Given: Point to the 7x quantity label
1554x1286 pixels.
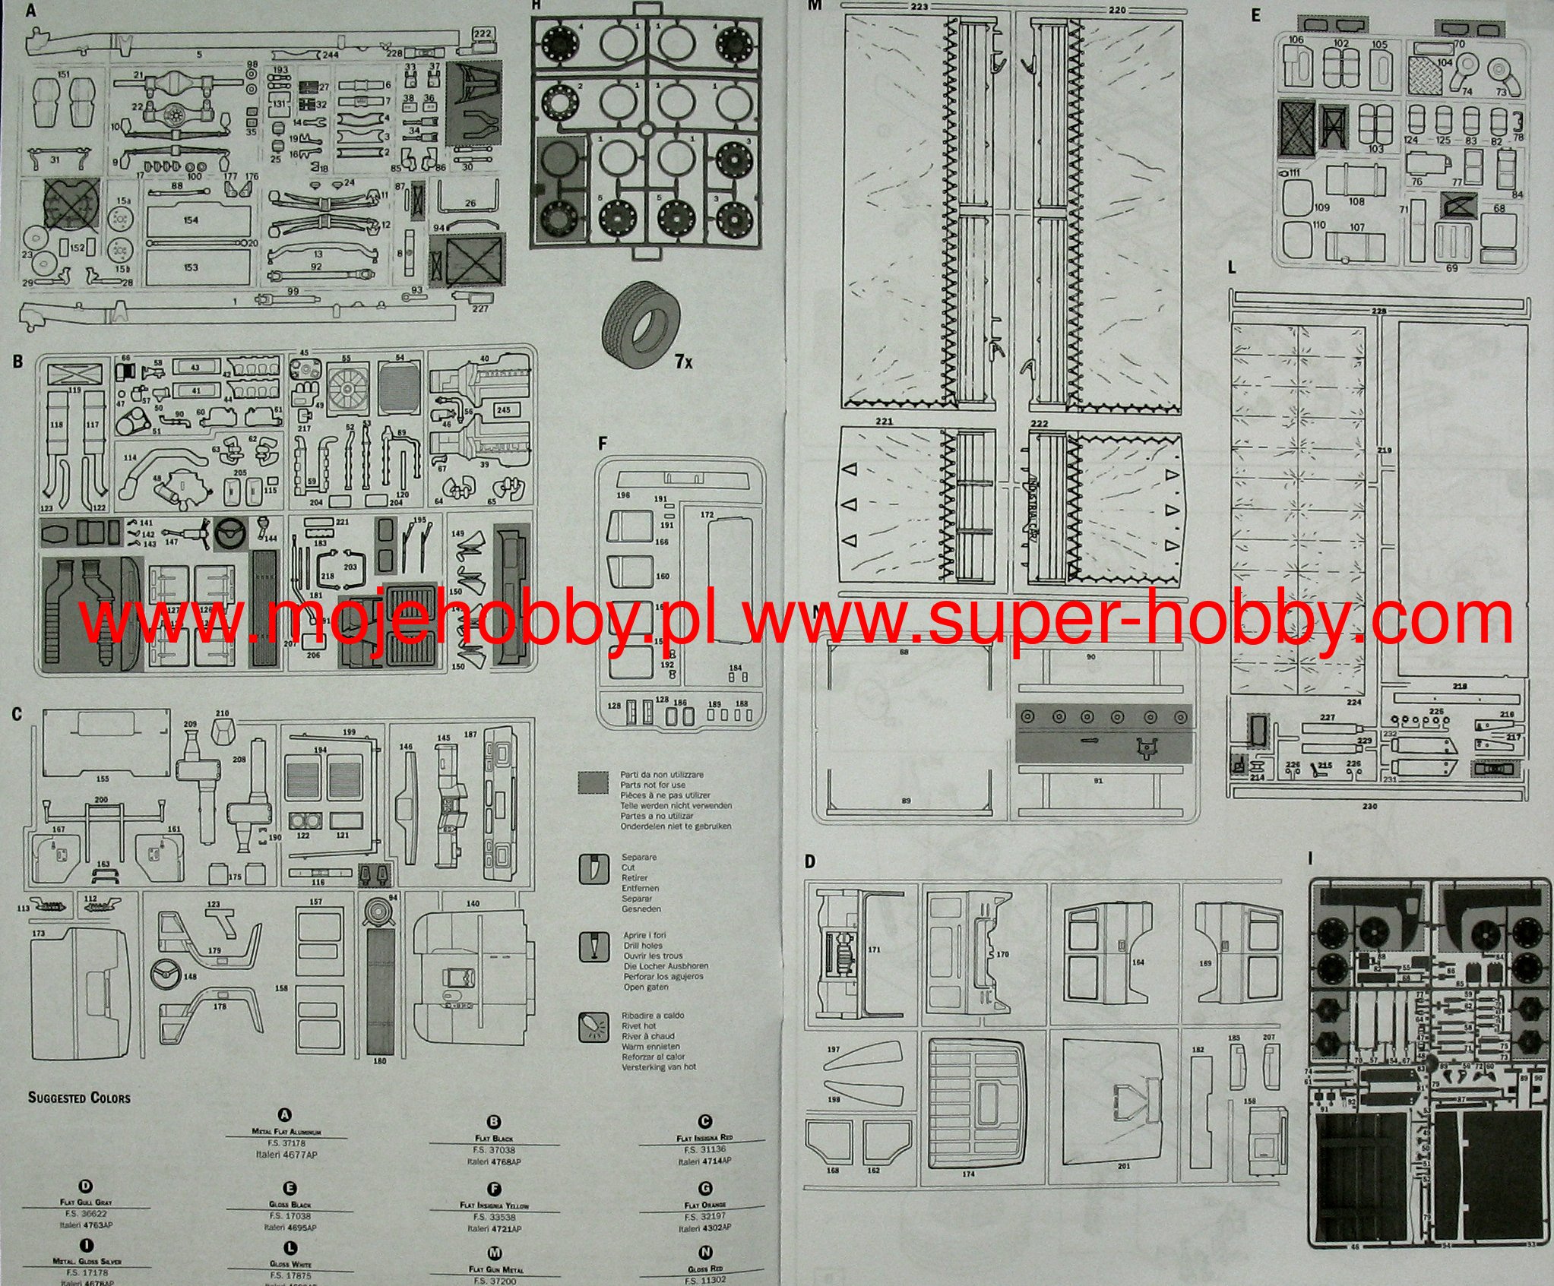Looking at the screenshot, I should tap(683, 362).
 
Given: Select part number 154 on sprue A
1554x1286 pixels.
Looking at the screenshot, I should tap(191, 220).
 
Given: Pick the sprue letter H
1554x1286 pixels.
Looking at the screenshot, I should tap(536, 5).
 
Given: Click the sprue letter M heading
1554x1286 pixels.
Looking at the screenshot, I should tap(815, 5).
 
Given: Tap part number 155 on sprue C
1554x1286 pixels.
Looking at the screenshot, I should tap(103, 779).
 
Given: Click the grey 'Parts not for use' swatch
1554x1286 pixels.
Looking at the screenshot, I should tap(593, 782).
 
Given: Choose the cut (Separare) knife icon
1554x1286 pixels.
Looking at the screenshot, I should tap(593, 868).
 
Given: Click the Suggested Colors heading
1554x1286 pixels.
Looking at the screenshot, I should tap(79, 1098).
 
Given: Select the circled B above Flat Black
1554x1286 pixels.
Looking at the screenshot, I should tap(494, 1121).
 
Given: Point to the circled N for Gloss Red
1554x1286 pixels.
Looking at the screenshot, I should tap(705, 1253).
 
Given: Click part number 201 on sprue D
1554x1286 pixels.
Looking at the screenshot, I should tap(1124, 1166).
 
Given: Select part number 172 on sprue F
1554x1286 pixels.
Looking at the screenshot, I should tap(707, 515).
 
